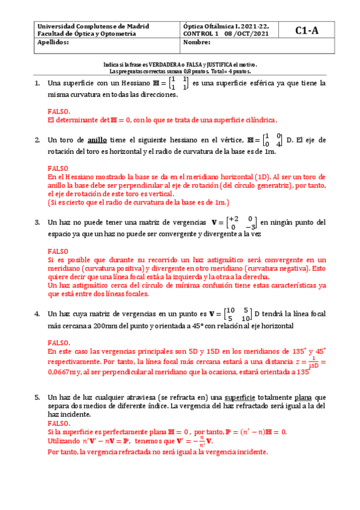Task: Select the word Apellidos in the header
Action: [x=53, y=43]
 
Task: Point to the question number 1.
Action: [x=37, y=83]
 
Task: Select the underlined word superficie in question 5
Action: [x=242, y=398]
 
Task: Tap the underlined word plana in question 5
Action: [x=302, y=398]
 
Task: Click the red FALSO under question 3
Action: [x=58, y=250]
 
